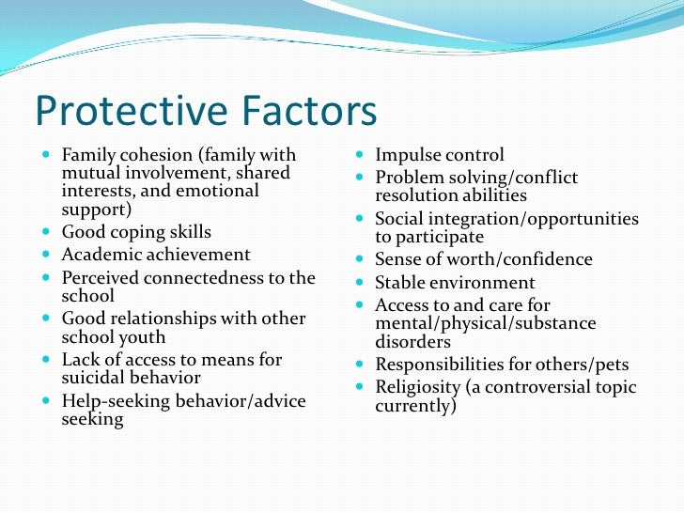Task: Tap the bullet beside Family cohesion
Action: (x=48, y=153)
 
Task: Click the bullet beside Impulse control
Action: (x=362, y=153)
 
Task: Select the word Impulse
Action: (x=408, y=155)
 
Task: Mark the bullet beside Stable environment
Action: (x=362, y=281)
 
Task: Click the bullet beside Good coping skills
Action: (x=48, y=230)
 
